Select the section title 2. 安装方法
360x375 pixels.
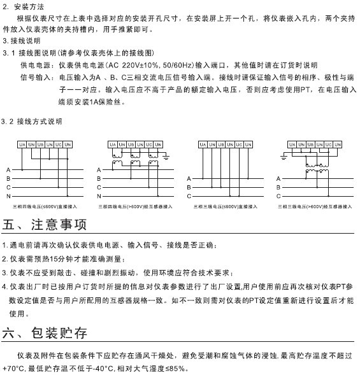click(24, 6)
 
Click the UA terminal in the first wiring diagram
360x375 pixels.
click(22, 145)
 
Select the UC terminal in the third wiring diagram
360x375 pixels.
click(239, 145)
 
